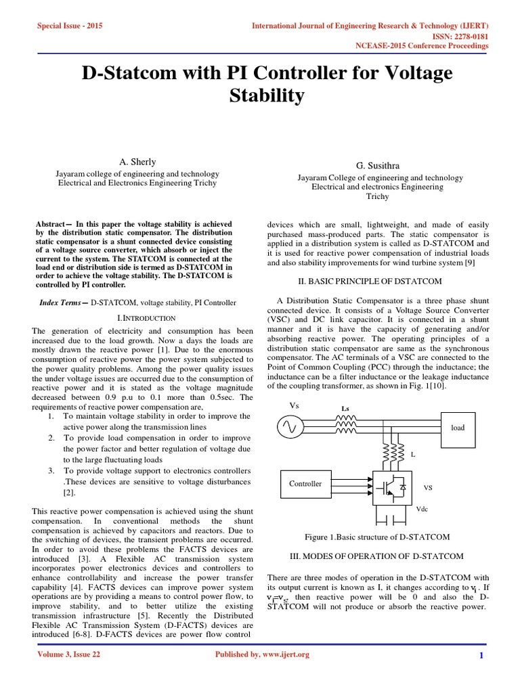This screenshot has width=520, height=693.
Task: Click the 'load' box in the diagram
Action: [458, 427]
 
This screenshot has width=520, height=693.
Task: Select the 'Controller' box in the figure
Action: [305, 484]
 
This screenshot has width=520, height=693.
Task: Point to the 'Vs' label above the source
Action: [294, 405]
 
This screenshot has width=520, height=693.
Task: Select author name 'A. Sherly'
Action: [137, 162]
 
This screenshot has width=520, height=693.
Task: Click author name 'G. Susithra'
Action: [378, 166]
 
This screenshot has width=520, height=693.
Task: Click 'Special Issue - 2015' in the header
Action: [69, 26]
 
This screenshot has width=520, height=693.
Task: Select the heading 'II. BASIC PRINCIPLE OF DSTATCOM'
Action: [370, 281]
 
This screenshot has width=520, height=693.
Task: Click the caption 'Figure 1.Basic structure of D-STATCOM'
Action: [377, 537]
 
